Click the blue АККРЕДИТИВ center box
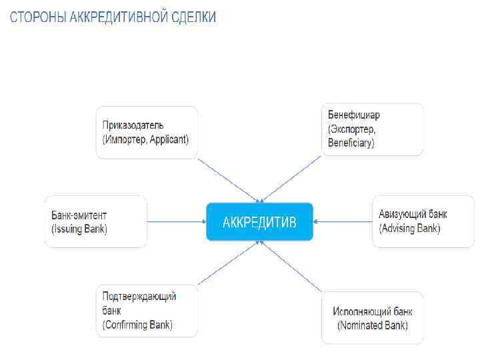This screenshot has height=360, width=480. coord(259,221)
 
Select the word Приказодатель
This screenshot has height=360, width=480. coord(133,125)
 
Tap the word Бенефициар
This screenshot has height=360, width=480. coord(354,115)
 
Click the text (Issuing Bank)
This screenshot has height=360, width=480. coord(79,229)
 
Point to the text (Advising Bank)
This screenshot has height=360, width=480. coord(409,229)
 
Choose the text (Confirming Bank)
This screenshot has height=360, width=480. coord(137,325)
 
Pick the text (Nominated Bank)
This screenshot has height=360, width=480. coord(372,325)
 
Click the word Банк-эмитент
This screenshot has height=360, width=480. coord(79,215)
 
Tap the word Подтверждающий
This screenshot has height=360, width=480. coord(139,297)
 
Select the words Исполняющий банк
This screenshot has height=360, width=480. coord(373,311)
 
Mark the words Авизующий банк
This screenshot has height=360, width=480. coord(413,215)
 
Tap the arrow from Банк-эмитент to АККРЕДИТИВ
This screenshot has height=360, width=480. coord(176,221)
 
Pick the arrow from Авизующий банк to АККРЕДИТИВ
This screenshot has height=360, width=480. coord(342,221)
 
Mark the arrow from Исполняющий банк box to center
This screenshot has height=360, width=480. coord(291,266)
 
